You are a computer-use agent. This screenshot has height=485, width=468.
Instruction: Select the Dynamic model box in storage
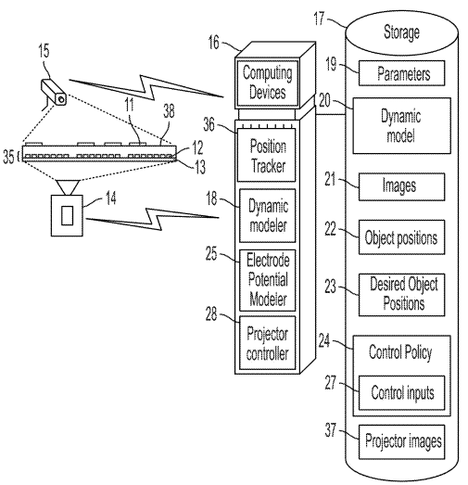click(400, 124)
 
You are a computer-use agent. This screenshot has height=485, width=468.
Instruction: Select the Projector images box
click(400, 441)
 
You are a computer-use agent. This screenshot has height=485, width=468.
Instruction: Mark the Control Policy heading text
click(400, 354)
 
